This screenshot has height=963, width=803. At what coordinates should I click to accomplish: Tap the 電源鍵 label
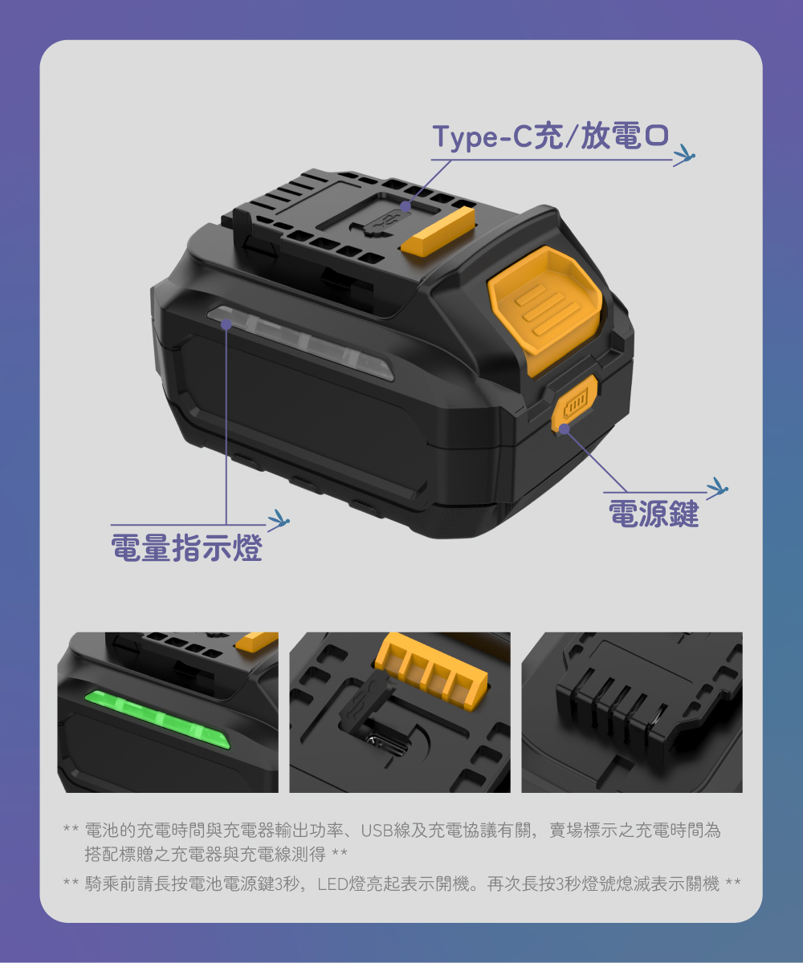coord(654,514)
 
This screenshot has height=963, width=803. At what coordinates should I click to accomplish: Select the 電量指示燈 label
coord(187,547)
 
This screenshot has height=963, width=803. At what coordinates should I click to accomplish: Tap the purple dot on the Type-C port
coord(406,206)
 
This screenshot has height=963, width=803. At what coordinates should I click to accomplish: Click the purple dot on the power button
coord(565,429)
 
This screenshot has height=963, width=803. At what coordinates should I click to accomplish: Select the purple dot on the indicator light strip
coord(226,324)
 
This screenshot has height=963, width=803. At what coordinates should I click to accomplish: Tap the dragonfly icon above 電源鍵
coord(717,486)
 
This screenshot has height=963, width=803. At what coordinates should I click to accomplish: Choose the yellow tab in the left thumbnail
coord(257,640)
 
